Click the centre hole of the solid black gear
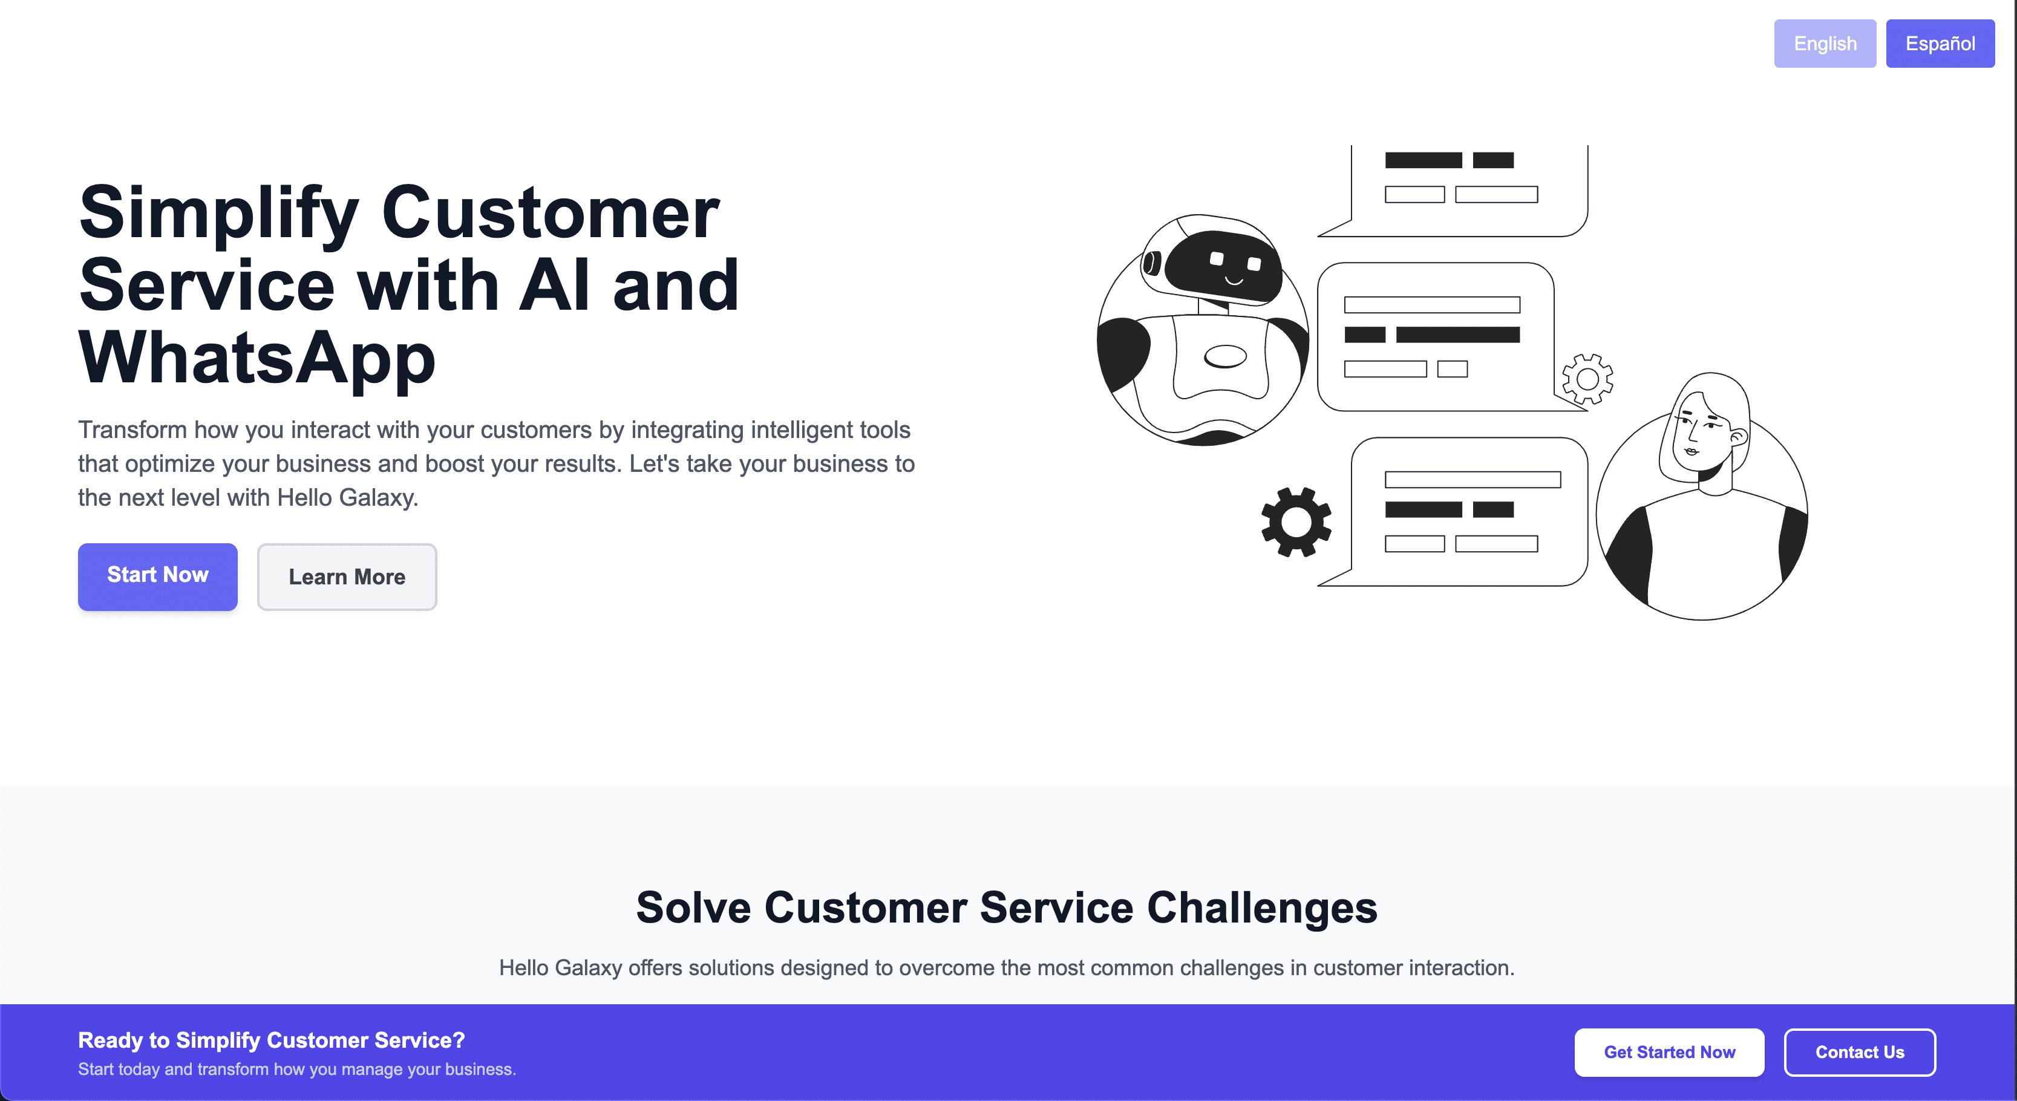click(x=1296, y=521)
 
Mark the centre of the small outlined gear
click(x=1587, y=379)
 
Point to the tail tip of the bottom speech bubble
click(x=1319, y=585)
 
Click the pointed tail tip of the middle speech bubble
click(x=1586, y=410)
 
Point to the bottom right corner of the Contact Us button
click(x=1935, y=1076)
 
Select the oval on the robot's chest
click(x=1224, y=356)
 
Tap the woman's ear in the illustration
click(x=1738, y=436)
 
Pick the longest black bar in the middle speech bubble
click(x=1458, y=335)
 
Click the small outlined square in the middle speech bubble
click(x=1453, y=369)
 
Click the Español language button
click(x=1940, y=44)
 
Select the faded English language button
click(x=1825, y=44)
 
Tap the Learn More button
click(x=347, y=577)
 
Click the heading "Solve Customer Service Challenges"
click(x=1007, y=907)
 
